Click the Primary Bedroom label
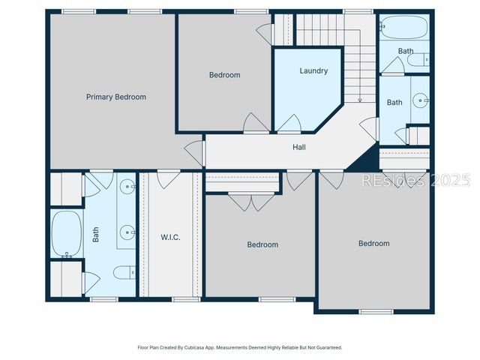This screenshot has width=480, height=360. coord(115,97)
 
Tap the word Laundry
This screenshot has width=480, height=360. coord(313,71)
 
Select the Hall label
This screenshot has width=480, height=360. coord(298,147)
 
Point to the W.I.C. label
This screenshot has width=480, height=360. coord(170,238)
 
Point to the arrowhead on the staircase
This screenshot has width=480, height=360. coord(360,99)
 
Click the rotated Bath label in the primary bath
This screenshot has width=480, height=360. coord(96,236)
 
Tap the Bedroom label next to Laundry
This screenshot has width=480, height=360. coord(224,75)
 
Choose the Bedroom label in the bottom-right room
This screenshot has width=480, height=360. coord(373,244)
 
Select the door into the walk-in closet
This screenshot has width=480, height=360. coord(167,179)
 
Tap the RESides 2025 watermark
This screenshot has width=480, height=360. coord(416,181)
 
